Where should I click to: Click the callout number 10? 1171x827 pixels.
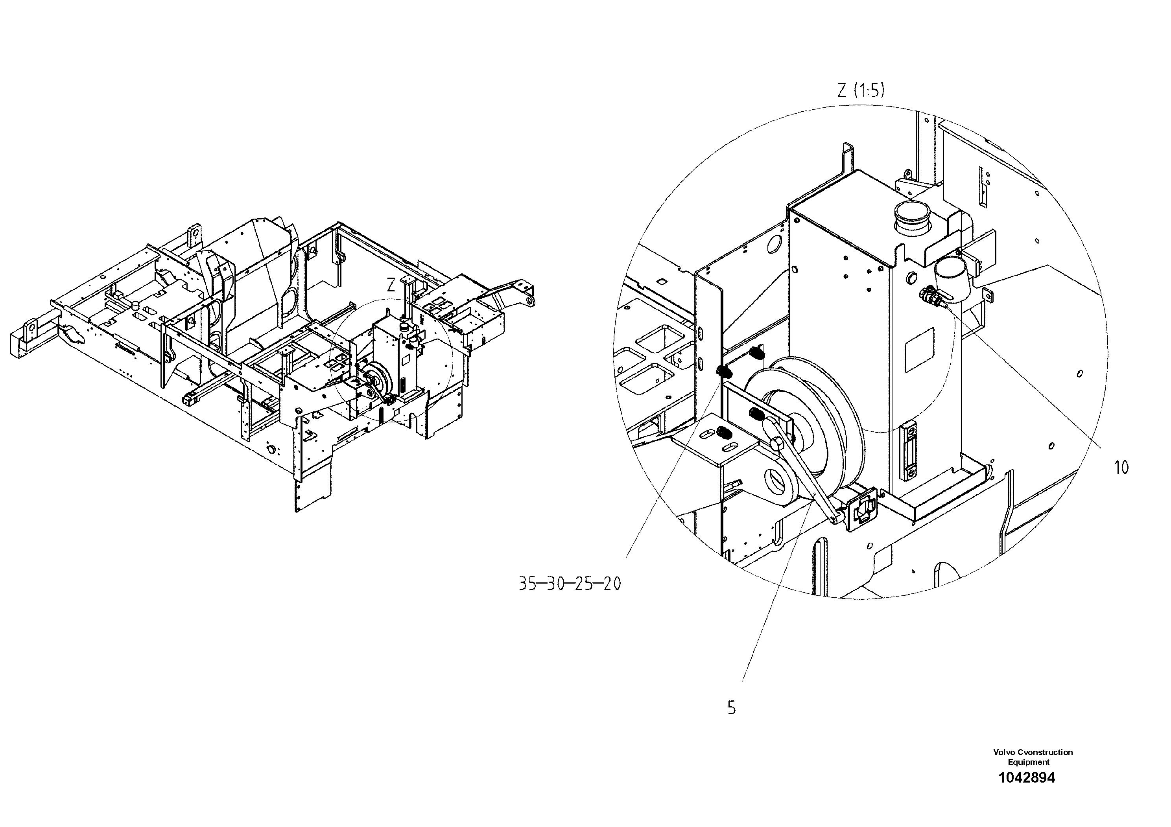[1121, 468]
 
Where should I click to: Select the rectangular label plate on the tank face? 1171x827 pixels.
[919, 350]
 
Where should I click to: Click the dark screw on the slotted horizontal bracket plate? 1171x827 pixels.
[723, 433]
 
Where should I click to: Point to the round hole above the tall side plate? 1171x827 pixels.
[774, 244]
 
